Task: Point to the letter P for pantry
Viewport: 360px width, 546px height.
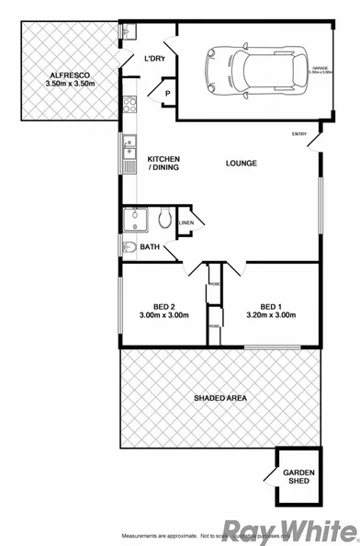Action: point(169,94)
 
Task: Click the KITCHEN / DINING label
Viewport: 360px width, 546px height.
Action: point(163,163)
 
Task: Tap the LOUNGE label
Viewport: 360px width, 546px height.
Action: point(242,164)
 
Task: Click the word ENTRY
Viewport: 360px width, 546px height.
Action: point(299,135)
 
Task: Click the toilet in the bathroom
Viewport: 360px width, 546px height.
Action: point(164,219)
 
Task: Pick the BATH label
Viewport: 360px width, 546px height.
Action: point(151,246)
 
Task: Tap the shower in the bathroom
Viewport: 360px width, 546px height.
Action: point(137,222)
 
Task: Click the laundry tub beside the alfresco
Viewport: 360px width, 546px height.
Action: point(127,31)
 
